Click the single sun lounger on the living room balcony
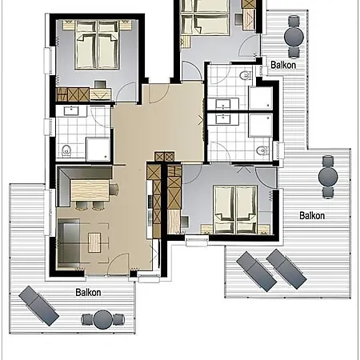pyautogui.click(x=39, y=306)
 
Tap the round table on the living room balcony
pyautogui.click(x=102, y=319)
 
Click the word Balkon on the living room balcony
pyautogui.click(x=88, y=292)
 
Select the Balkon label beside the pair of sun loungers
pyautogui.click(x=312, y=215)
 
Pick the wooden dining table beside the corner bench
pyautogui.click(x=90, y=190)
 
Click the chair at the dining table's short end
pyautogui.click(x=114, y=189)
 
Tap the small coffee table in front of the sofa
pyautogui.click(x=94, y=242)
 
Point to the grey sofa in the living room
pyautogui.click(x=69, y=243)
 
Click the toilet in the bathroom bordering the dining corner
pyautogui.click(x=66, y=150)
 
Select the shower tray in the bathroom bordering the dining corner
pyautogui.click(x=98, y=149)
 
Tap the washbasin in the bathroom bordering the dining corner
pyautogui.click(x=71, y=110)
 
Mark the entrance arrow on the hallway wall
pyautogui.click(x=201, y=120)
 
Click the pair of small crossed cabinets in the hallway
pyautogui.click(x=165, y=157)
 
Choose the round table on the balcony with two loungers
pyautogui.click(x=328, y=177)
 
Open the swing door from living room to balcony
pyautogui.click(x=118, y=263)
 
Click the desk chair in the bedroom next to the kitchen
pyautogui.click(x=185, y=222)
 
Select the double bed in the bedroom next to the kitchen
pyautogui.click(x=235, y=210)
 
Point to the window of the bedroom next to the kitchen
pyautogui.click(x=197, y=242)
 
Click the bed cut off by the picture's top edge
pyautogui.click(x=205, y=17)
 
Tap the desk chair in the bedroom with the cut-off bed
pyautogui.click(x=238, y=19)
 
